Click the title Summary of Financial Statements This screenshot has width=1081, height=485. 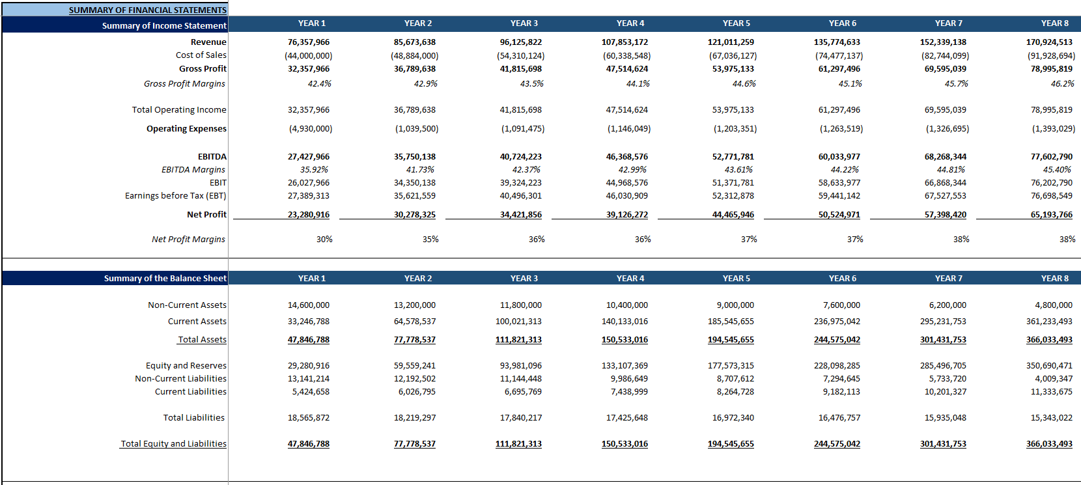(148, 10)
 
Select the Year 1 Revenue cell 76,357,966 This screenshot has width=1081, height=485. (309, 42)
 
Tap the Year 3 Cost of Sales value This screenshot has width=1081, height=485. (521, 55)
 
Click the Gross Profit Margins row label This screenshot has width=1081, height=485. (184, 83)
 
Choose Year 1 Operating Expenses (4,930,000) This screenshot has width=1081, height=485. (311, 128)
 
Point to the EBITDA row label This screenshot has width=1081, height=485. (212, 156)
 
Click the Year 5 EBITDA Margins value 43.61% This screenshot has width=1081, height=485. (738, 169)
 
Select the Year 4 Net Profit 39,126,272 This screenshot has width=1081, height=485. (627, 214)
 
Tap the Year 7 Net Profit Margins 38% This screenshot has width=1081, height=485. (961, 239)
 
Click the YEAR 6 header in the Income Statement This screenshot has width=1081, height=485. (843, 23)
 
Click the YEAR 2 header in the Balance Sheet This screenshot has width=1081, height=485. (418, 278)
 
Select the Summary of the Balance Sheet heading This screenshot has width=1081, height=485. (165, 278)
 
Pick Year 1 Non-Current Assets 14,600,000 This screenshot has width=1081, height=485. (309, 305)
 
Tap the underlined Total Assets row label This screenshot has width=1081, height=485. (203, 339)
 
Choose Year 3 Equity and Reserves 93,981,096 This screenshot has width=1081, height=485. (521, 365)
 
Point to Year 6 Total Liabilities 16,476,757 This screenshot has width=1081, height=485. (839, 417)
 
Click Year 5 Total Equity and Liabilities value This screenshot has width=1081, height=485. (731, 443)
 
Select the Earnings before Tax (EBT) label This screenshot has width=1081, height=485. (176, 195)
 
